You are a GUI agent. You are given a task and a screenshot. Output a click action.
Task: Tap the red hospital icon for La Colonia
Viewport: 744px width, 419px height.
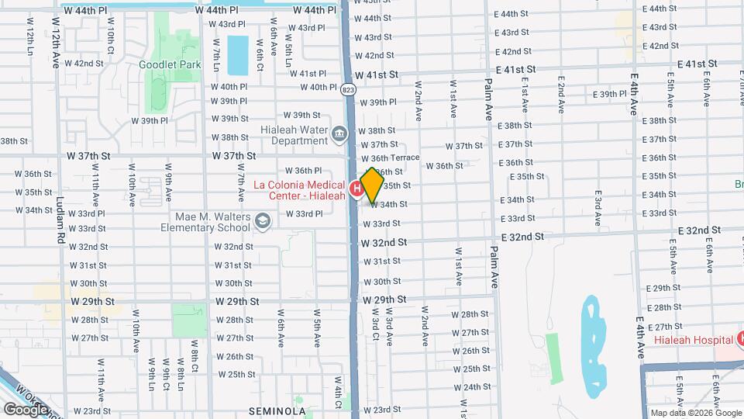click(x=357, y=189)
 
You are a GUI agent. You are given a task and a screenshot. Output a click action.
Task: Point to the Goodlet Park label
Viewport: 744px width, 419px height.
click(x=169, y=64)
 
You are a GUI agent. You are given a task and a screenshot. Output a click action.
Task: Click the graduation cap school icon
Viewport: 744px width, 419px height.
click(x=263, y=223)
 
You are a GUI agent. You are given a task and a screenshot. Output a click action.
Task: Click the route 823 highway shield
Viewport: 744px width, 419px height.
click(x=349, y=90)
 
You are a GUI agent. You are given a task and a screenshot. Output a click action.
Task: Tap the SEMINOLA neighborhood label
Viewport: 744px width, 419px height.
click(x=278, y=410)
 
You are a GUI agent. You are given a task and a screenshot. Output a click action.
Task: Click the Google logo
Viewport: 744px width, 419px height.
click(x=25, y=409)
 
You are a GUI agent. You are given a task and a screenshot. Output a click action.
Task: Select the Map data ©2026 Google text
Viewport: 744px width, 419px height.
click(x=695, y=413)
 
